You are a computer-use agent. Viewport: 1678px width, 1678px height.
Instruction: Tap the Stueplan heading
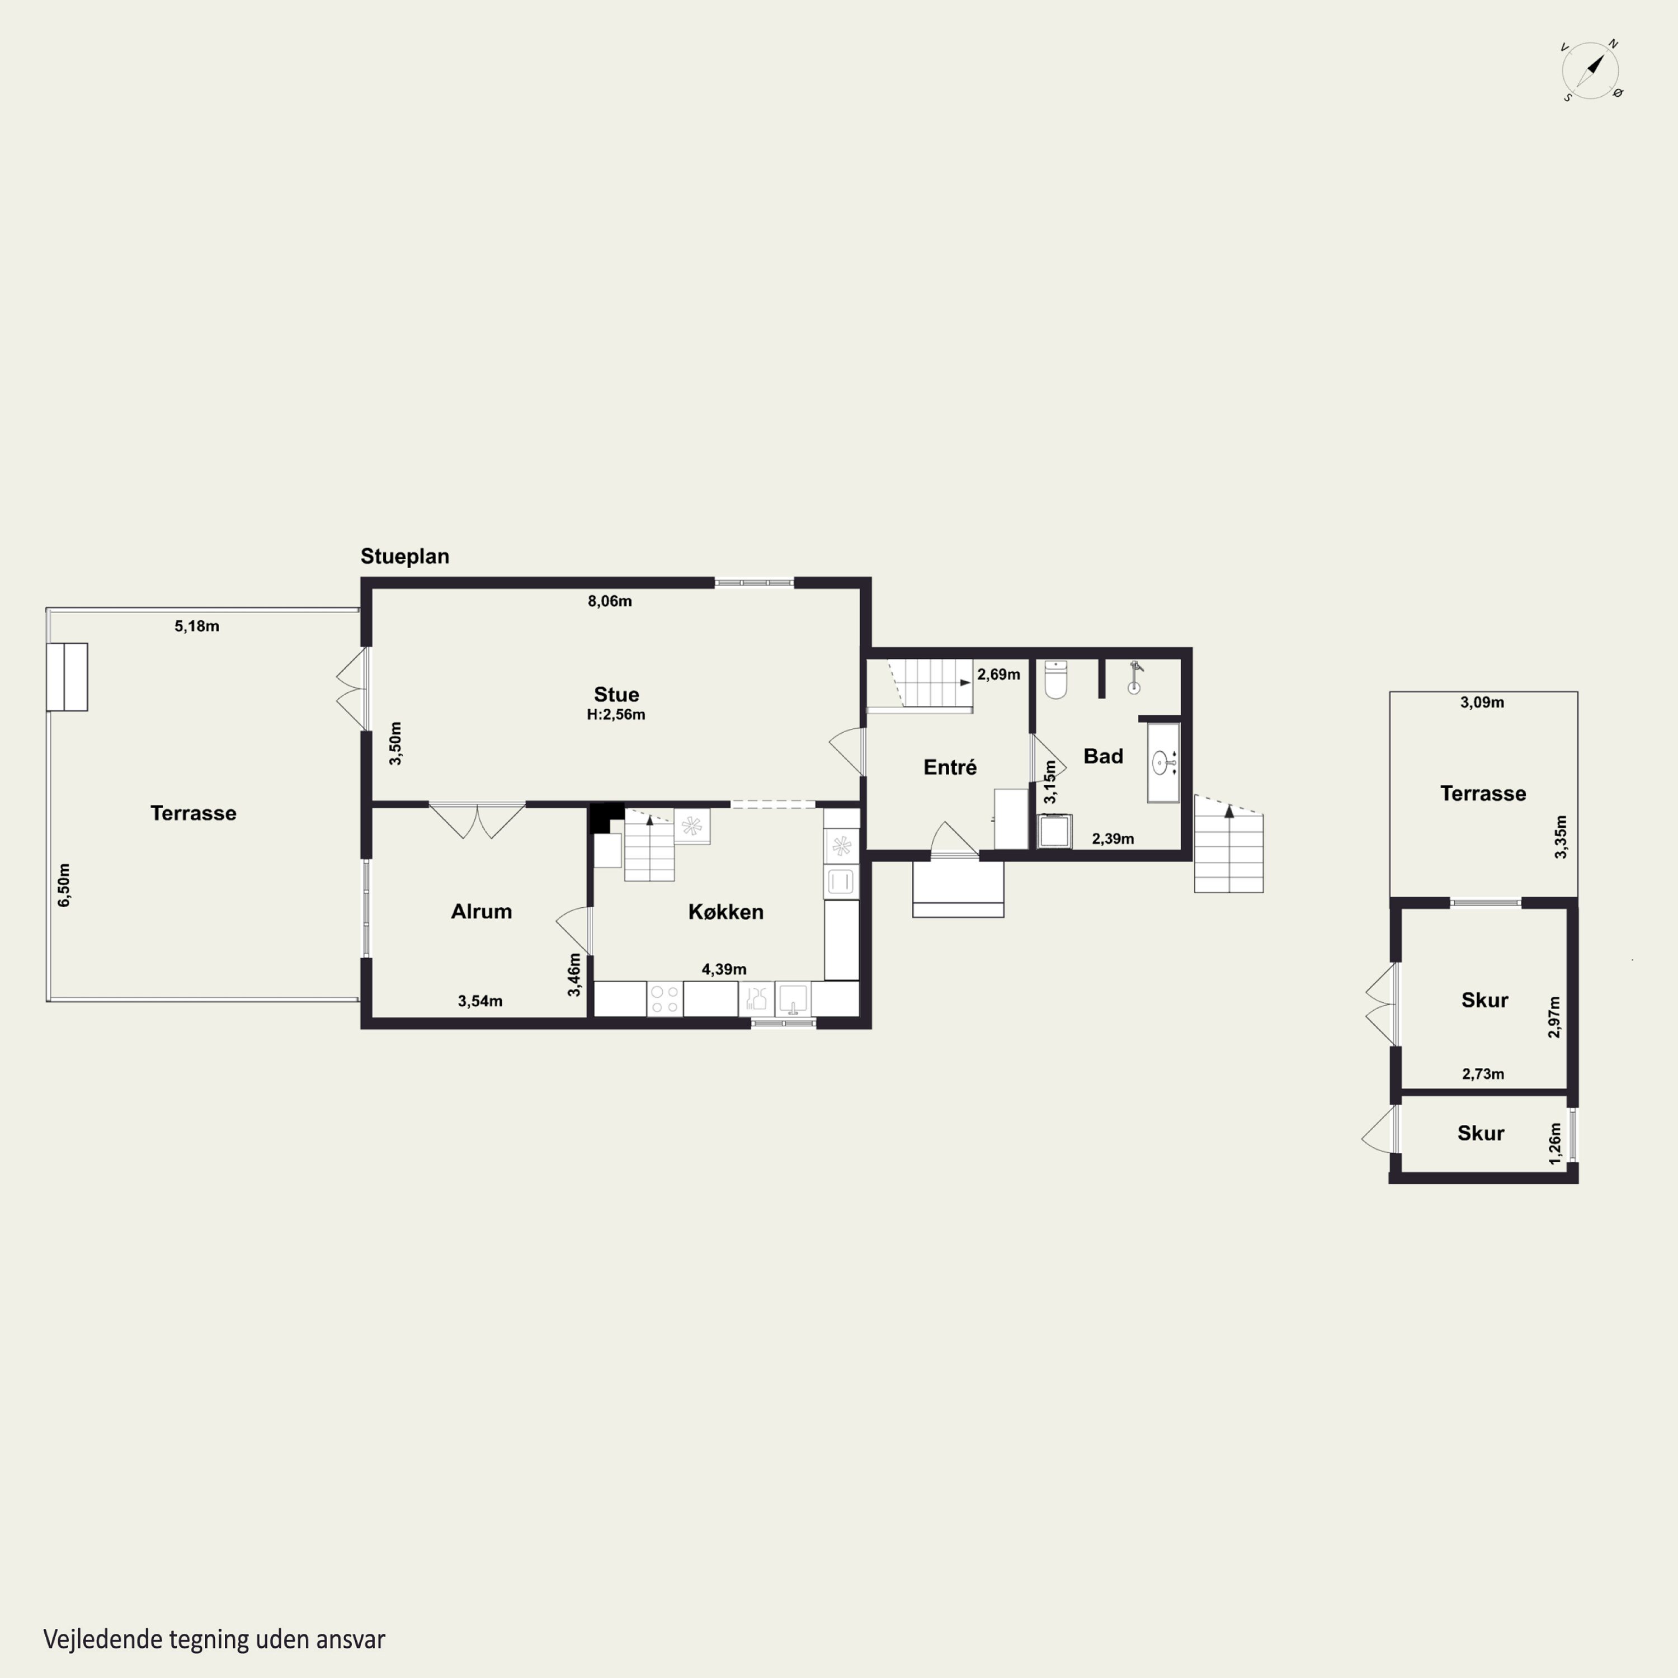[x=405, y=556]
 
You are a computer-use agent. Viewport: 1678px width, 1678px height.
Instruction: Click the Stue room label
[x=616, y=694]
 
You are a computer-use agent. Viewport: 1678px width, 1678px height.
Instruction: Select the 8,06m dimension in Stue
[x=610, y=601]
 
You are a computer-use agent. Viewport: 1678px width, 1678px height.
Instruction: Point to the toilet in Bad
[x=1055, y=679]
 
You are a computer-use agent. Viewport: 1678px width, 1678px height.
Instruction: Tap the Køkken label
[x=726, y=912]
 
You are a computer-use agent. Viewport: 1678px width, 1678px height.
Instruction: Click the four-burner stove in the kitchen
[x=664, y=999]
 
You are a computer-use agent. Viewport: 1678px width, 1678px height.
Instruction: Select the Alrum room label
[x=481, y=911]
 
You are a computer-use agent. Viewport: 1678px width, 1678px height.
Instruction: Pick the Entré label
[x=950, y=767]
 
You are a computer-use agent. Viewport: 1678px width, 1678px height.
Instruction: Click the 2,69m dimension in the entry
[x=999, y=674]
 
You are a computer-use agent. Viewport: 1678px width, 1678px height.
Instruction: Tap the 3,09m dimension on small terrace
[x=1483, y=702]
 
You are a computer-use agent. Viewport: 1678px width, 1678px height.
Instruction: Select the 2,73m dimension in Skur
[x=1483, y=1073]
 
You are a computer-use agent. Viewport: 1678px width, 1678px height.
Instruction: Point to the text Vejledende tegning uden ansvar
[x=215, y=1640]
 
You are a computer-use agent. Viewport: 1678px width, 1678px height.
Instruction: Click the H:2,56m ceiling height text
[x=616, y=715]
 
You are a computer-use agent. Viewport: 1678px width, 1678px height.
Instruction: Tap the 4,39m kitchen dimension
[x=724, y=969]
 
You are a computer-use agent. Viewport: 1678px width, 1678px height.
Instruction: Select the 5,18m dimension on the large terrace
[x=197, y=626]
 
